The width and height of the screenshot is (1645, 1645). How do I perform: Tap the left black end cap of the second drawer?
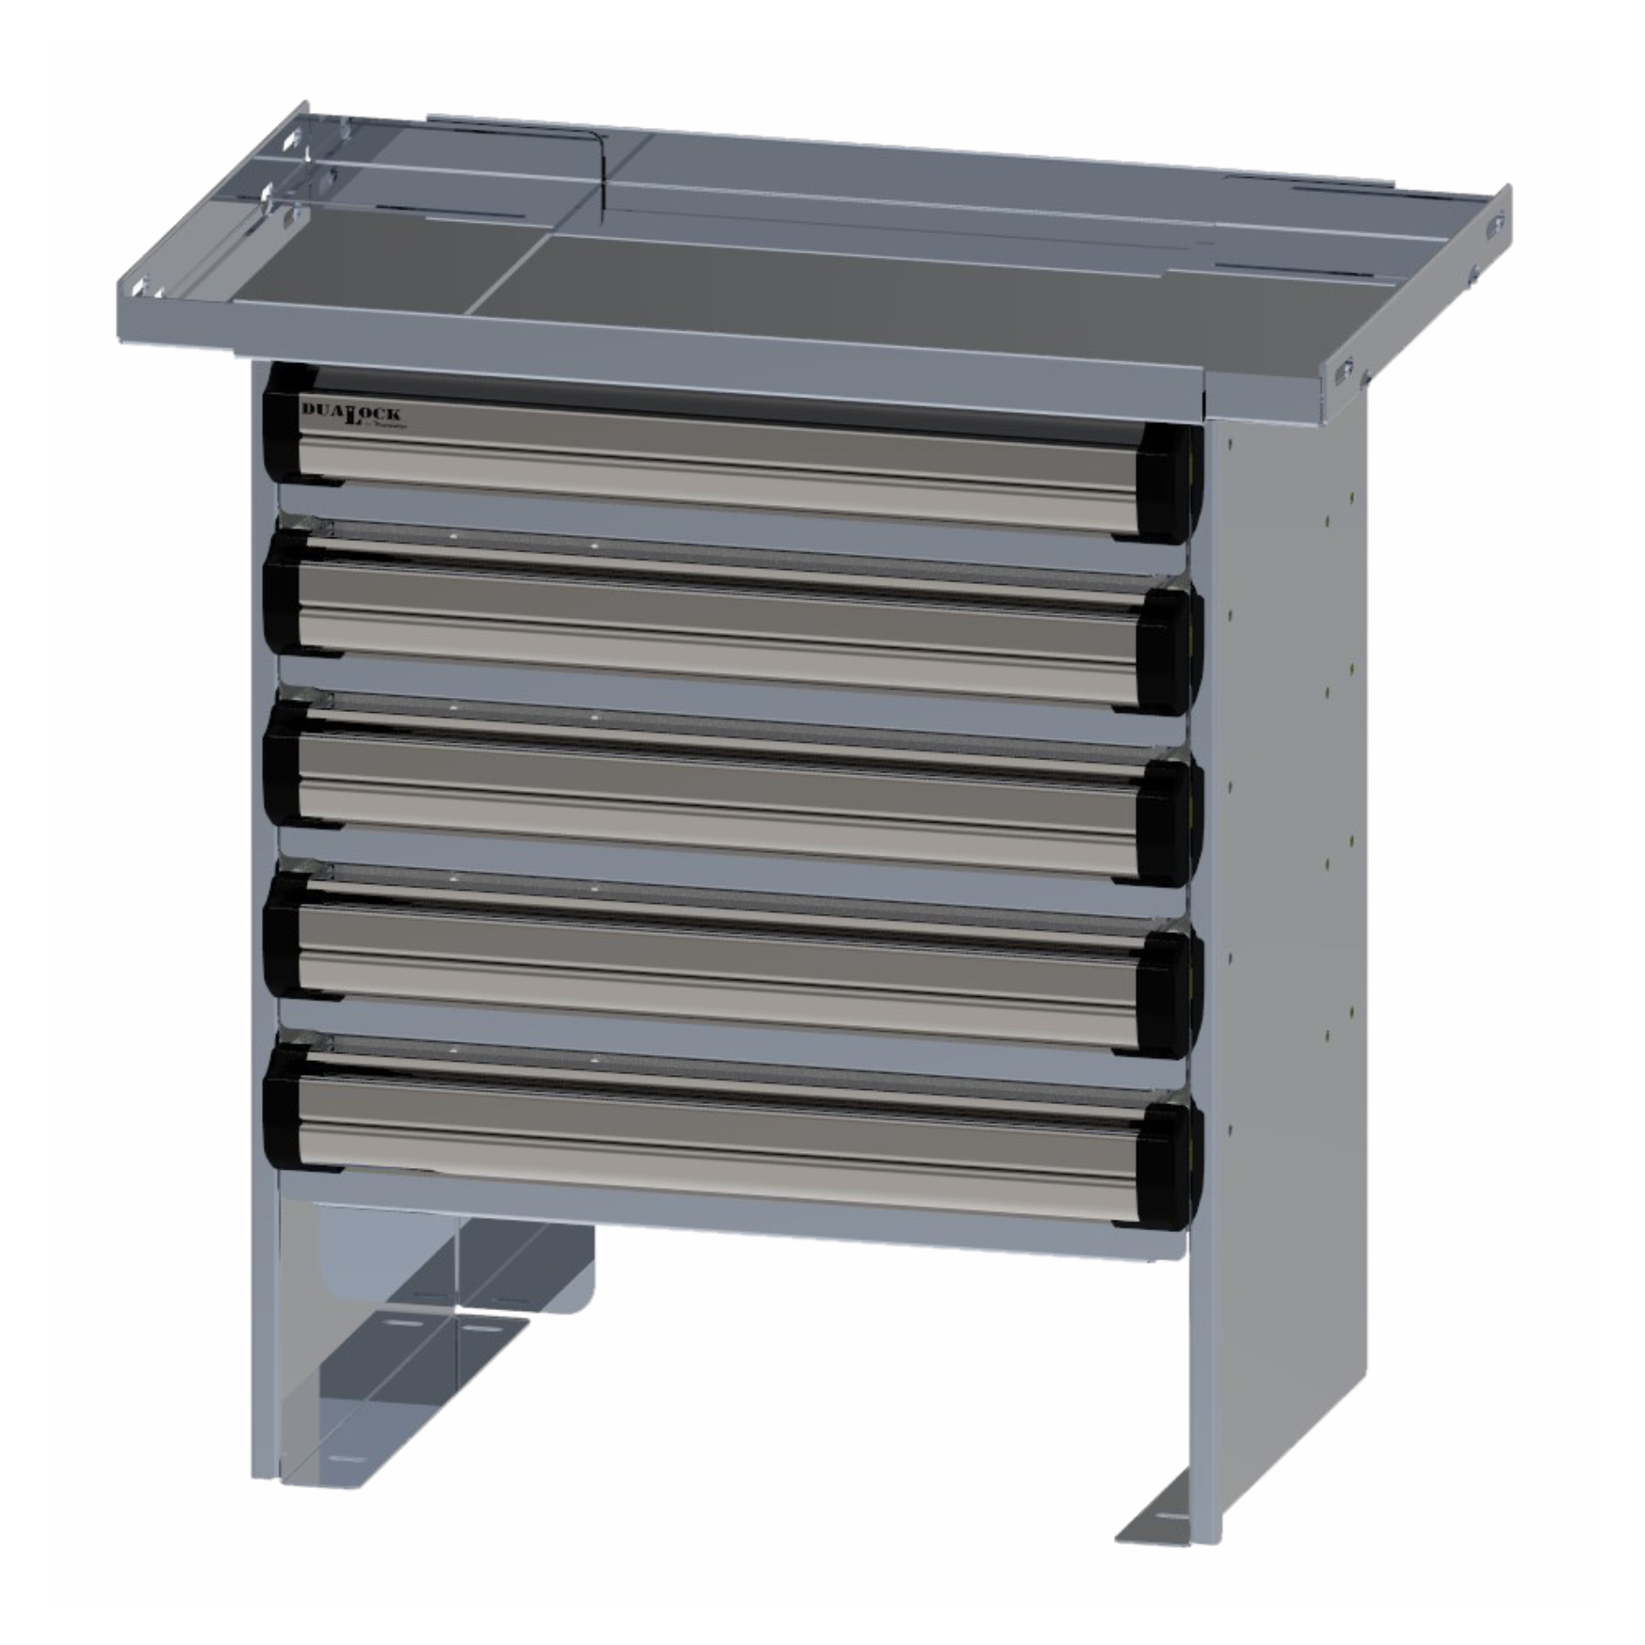coord(282,596)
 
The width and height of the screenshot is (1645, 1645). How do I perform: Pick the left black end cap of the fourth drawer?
coord(282,938)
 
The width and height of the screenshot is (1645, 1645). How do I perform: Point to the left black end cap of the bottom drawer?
coord(282,1109)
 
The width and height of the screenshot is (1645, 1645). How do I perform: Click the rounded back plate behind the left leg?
coord(552,1271)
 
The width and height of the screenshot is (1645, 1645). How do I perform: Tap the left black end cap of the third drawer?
coord(282,767)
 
